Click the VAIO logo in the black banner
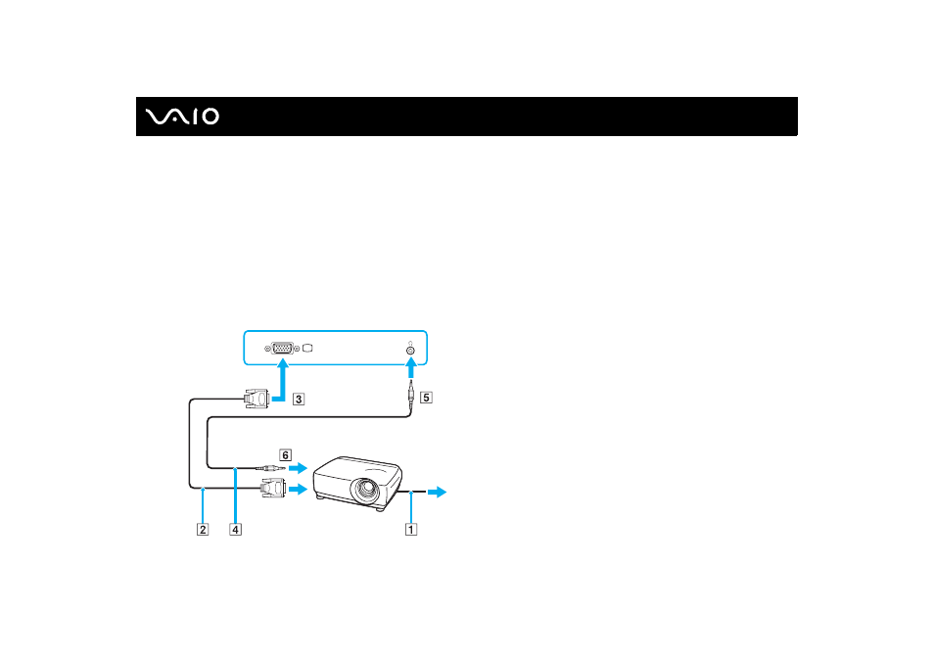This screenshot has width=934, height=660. tap(182, 117)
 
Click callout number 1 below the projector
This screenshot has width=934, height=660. tap(411, 529)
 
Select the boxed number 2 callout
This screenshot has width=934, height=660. tap(203, 529)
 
